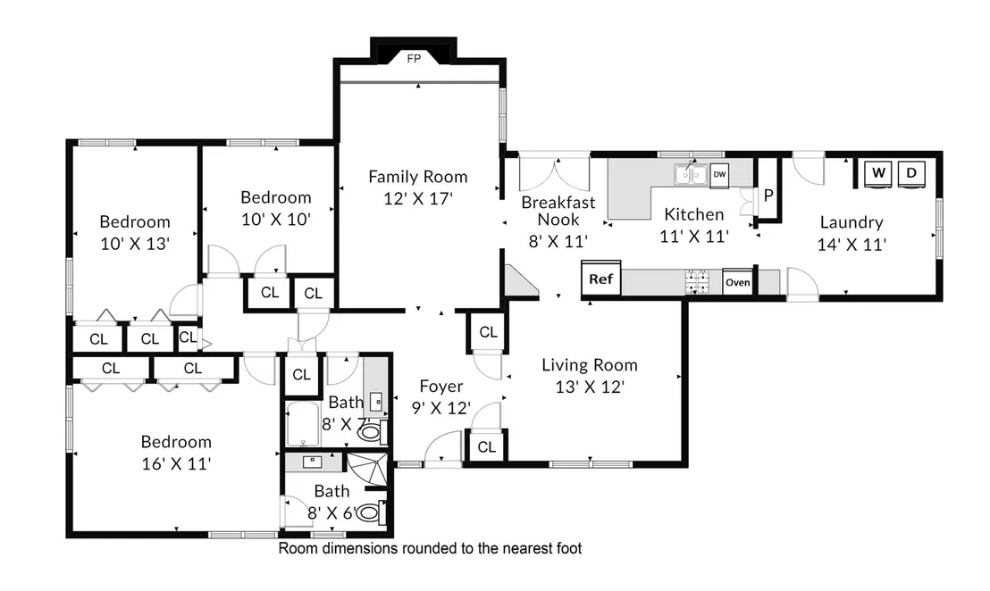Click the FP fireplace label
(414, 59)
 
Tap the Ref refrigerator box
(601, 279)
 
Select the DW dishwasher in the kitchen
(719, 175)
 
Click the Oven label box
(737, 282)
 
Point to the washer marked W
(878, 173)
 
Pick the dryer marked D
(911, 173)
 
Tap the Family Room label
(418, 178)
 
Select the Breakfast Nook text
(558, 211)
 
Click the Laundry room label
(852, 222)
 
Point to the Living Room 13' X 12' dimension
(590, 387)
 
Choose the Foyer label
(441, 386)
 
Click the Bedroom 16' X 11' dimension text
(176, 463)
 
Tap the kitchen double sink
(690, 175)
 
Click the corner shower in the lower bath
(367, 470)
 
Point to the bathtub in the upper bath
(302, 424)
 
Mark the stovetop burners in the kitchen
(697, 282)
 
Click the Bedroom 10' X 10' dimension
(276, 219)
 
